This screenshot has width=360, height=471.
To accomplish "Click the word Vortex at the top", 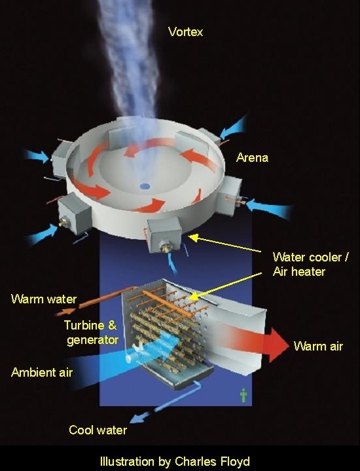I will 185,31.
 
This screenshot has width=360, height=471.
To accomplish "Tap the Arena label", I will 253,158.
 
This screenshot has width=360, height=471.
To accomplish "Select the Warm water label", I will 44,299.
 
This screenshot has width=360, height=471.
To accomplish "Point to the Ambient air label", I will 42,372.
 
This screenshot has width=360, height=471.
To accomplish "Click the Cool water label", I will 98,430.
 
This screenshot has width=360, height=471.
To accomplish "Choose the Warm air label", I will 317,346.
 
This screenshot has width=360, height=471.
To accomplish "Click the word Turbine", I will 83,325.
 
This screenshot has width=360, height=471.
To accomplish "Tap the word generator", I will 92,340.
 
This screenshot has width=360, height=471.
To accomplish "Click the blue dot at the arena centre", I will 145,187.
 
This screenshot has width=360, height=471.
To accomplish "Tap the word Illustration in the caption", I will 125,461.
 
